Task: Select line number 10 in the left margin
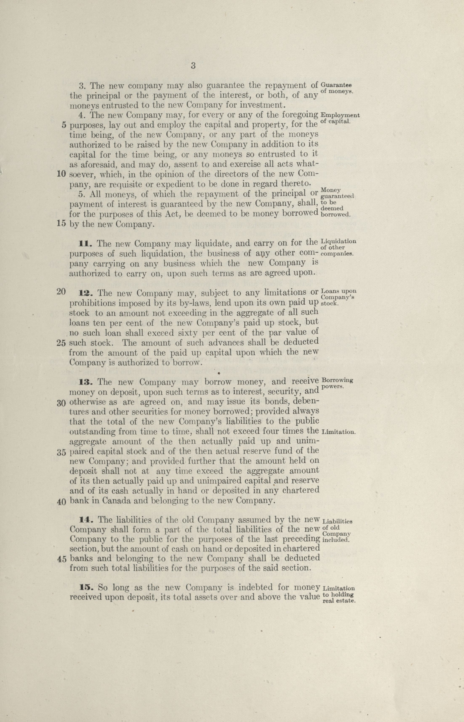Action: pos(62,175)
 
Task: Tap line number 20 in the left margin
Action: pos(61,292)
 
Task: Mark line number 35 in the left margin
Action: pos(61,453)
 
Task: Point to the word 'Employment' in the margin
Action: pos(340,115)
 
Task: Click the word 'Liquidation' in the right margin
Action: pos(339,242)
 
